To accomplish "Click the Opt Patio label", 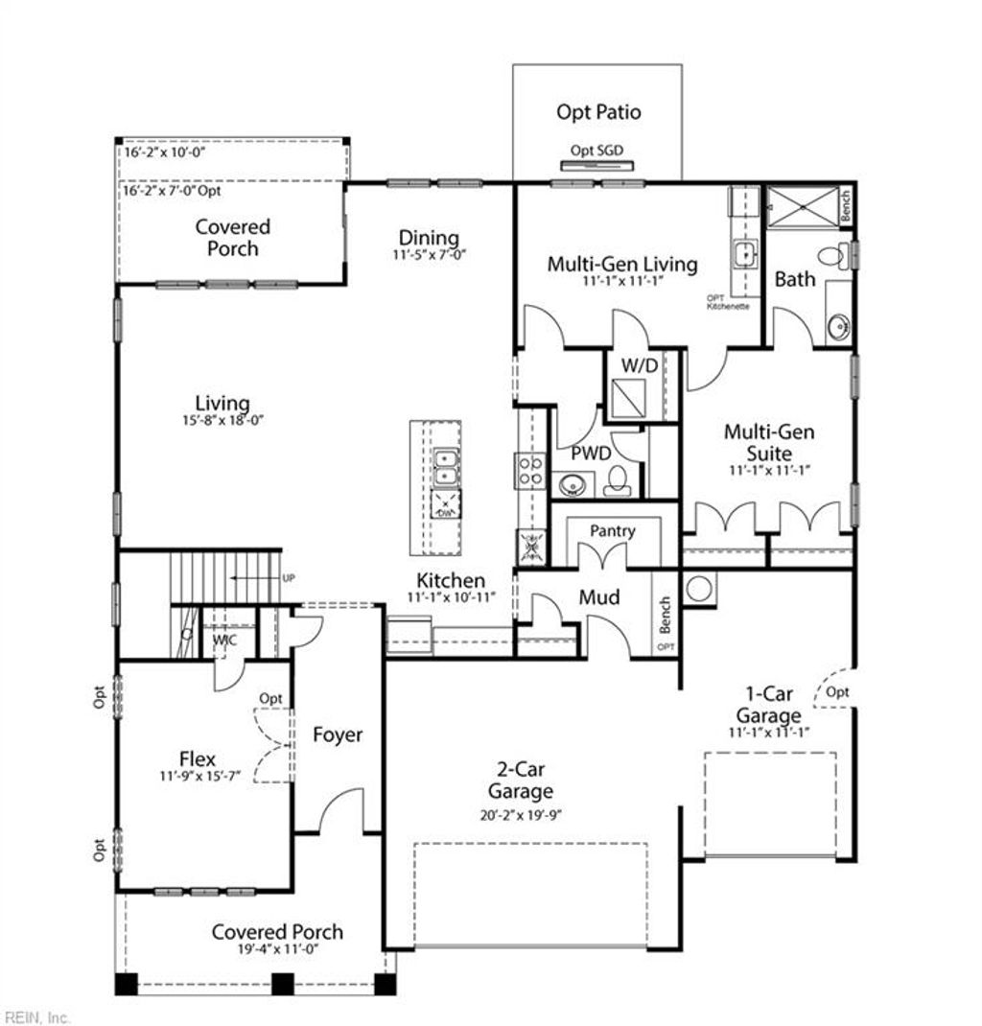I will coord(598,112).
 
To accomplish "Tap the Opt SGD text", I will coord(596,151).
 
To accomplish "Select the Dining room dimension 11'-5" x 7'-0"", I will coord(429,256).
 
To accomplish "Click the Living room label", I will coord(222,404).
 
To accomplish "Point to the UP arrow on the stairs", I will coord(254,578).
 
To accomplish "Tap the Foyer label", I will coord(338,735).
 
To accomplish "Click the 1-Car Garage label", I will coord(768,704).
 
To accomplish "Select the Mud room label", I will coord(598,597).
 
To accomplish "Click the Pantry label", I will coord(612,530).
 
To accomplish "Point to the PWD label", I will coord(591,453).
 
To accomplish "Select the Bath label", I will coord(795,279).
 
